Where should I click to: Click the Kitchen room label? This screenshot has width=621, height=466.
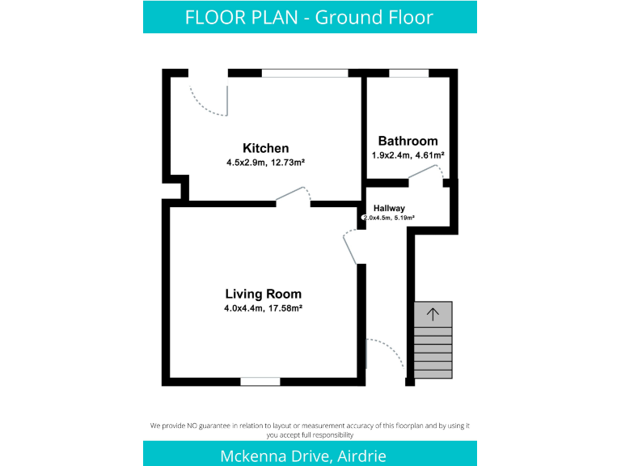[x=265, y=148]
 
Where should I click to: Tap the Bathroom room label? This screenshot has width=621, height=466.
[x=408, y=141]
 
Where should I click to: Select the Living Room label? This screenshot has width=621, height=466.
[x=263, y=294]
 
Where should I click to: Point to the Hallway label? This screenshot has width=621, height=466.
[x=389, y=209]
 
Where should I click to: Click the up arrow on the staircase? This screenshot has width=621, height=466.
[x=433, y=314]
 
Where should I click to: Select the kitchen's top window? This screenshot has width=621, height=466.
[x=305, y=73]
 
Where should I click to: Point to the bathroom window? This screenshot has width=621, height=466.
[x=408, y=73]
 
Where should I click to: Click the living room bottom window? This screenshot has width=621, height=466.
[x=260, y=381]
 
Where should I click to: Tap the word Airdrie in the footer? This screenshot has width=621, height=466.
[x=360, y=455]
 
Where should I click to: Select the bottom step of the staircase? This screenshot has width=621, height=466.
[x=433, y=373]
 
